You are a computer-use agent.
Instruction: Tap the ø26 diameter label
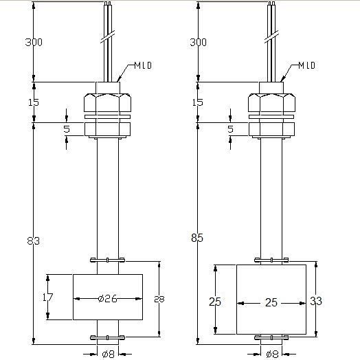click(x=107, y=299)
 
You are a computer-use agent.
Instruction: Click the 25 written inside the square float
click(x=269, y=302)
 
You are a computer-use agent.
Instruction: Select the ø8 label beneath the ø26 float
click(x=107, y=355)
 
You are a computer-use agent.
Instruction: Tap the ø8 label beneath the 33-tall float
click(x=271, y=355)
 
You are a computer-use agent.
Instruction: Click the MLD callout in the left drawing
click(x=143, y=66)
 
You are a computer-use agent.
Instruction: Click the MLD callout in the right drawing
click(x=306, y=66)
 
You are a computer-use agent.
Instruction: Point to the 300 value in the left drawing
click(x=34, y=43)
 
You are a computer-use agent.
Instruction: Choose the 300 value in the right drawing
click(x=198, y=43)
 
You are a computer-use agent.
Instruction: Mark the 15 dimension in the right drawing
click(x=198, y=102)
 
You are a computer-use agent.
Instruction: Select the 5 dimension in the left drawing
click(x=67, y=128)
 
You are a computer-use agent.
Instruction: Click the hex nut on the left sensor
click(x=107, y=103)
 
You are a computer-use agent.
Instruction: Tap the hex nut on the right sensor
click(x=271, y=103)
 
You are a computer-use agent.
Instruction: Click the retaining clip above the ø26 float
click(x=107, y=260)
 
